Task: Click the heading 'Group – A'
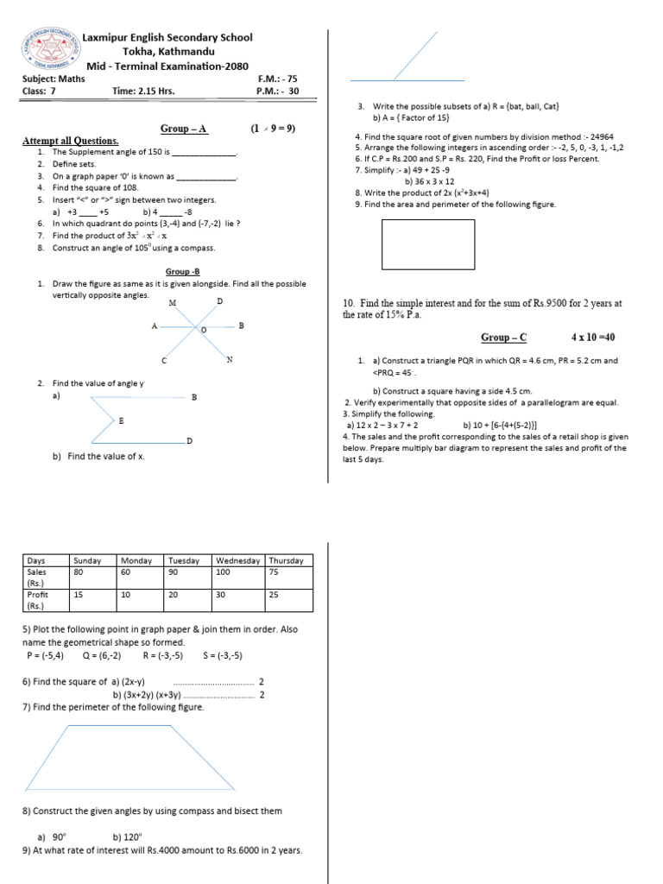(x=184, y=129)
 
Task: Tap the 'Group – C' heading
(x=503, y=338)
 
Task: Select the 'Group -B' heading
(x=183, y=271)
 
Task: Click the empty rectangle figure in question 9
(x=428, y=244)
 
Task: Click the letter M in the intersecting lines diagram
(x=173, y=304)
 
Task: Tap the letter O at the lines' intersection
(x=204, y=331)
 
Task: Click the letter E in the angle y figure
(x=121, y=420)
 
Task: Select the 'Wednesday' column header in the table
(x=238, y=560)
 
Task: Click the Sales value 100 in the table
(x=224, y=571)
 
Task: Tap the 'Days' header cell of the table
(x=36, y=560)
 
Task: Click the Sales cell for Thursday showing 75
(x=274, y=571)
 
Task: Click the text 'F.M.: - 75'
(x=277, y=78)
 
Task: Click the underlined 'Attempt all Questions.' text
(x=70, y=141)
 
